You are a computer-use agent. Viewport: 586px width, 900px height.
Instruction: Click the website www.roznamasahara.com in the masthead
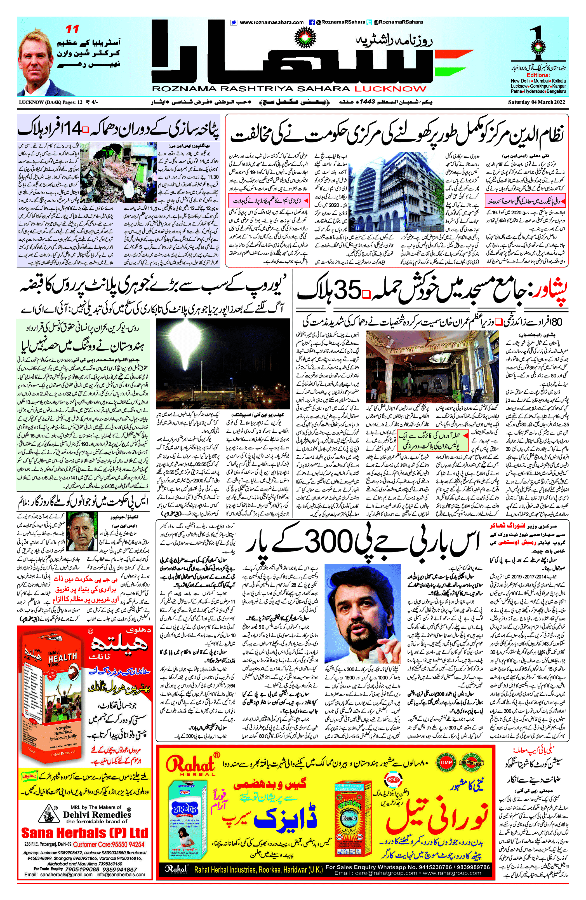click(271, 22)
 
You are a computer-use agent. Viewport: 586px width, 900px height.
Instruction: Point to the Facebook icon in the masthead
click(312, 22)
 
